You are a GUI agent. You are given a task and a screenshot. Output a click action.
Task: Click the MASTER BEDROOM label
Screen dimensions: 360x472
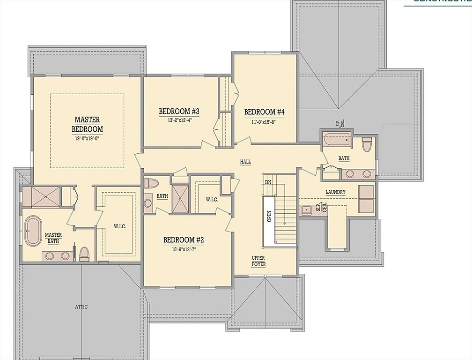[x=87, y=124]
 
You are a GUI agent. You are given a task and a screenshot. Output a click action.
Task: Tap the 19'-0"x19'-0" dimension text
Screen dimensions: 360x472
[x=87, y=139]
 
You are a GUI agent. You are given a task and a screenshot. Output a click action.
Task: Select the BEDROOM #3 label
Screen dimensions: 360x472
[x=179, y=112]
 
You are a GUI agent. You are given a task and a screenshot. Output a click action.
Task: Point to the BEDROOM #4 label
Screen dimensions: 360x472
[x=265, y=112]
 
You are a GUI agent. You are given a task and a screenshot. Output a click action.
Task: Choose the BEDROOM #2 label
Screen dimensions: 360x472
[x=184, y=240]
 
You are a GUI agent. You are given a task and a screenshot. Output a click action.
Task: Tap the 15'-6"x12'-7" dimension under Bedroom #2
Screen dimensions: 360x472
[x=184, y=250]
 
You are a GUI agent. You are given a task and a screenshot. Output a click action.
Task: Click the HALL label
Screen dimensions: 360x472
[x=245, y=162]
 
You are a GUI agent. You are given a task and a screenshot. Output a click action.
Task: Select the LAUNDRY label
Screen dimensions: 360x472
[x=335, y=192]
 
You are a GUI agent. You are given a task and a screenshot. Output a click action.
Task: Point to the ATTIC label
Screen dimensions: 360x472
[x=81, y=307]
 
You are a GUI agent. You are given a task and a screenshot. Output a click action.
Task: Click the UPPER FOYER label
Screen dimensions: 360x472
[x=258, y=262]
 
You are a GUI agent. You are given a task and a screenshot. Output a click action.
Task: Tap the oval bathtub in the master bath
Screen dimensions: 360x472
[x=33, y=231]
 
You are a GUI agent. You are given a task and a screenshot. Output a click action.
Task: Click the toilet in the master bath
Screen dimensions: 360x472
[x=84, y=254]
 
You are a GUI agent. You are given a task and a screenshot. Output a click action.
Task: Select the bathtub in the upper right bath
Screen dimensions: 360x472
[x=336, y=139]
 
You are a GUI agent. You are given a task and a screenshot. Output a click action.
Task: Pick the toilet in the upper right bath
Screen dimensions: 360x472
[x=367, y=144]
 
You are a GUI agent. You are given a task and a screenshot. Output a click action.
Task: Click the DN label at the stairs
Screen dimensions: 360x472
[x=268, y=182]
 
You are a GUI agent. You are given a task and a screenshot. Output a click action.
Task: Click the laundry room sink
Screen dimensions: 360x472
[x=306, y=210]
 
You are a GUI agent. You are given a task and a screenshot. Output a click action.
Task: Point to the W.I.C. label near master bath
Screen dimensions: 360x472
[x=119, y=226]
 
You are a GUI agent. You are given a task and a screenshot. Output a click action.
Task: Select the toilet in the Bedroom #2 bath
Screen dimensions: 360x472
[x=151, y=183]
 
